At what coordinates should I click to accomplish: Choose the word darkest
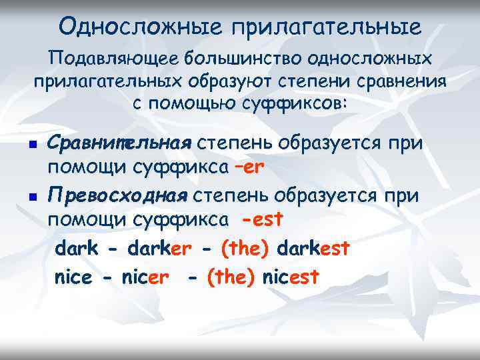[x=312, y=249]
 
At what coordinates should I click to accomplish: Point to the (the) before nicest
[x=231, y=276]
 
